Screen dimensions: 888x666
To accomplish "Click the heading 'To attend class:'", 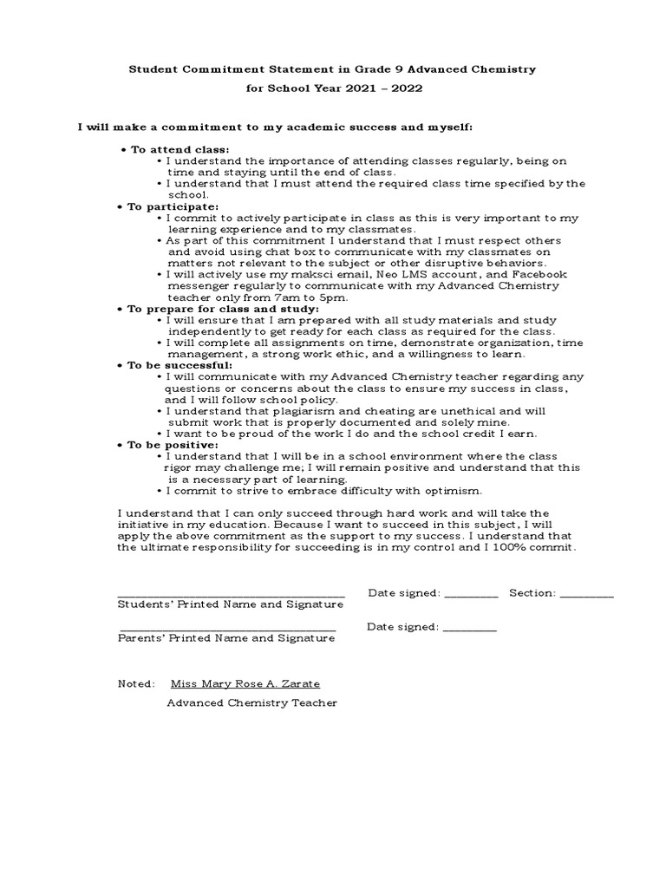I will [179, 149].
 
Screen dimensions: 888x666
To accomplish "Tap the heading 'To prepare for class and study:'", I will [223, 309].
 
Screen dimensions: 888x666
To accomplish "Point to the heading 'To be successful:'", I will [179, 365].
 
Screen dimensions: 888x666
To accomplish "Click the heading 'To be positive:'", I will [172, 445].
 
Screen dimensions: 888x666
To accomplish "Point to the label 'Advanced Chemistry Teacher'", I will [251, 702].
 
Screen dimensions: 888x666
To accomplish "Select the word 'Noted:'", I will [137, 683].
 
